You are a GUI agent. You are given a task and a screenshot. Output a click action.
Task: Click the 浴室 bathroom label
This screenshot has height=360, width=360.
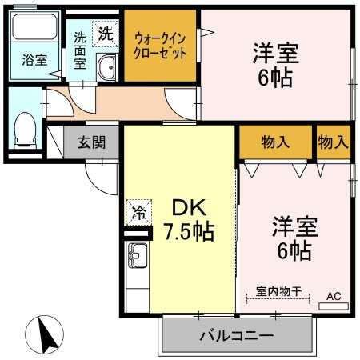coord(34,60)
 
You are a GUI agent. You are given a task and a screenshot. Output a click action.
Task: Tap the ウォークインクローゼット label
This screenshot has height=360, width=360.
coord(161,46)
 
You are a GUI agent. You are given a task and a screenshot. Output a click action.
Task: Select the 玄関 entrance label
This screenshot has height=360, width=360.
coord(91,143)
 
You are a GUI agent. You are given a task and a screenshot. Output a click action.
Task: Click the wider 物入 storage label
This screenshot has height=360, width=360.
coord(275,142)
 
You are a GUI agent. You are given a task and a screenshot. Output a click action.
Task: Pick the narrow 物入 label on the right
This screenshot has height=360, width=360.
coord(333,142)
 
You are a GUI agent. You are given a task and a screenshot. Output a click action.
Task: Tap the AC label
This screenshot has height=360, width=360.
coord(333,297)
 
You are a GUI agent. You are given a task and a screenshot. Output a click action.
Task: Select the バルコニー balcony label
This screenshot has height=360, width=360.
coord(236,335)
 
